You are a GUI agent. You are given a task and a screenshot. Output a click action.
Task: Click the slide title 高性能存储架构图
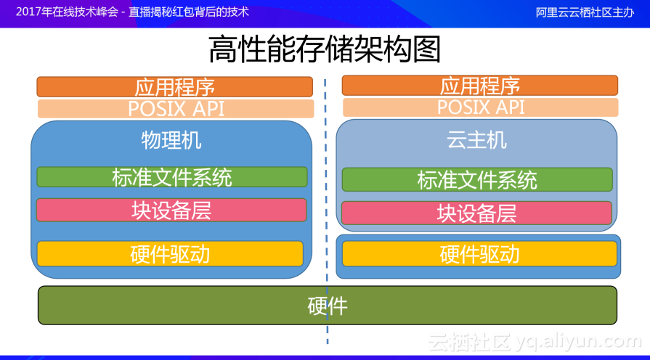(325, 50)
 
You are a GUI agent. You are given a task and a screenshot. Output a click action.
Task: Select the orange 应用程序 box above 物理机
(174, 87)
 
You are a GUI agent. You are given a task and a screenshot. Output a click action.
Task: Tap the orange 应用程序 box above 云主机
(479, 86)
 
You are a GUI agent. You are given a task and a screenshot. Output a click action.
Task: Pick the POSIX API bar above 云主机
(480, 107)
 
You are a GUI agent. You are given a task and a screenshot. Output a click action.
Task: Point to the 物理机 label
(171, 140)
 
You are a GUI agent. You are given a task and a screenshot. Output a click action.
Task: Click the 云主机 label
(476, 140)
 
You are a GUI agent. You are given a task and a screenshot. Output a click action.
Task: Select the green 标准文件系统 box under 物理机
(172, 177)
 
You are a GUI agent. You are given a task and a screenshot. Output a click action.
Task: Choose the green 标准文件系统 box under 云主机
(476, 180)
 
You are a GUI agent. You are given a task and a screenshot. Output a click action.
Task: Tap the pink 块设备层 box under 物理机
(171, 210)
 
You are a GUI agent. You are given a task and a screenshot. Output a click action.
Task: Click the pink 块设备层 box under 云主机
(476, 213)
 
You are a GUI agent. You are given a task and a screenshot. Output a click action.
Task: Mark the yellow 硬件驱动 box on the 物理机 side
(170, 254)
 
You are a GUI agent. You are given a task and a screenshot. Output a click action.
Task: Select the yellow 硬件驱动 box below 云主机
(479, 254)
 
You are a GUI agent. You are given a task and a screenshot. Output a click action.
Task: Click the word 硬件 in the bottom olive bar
(328, 306)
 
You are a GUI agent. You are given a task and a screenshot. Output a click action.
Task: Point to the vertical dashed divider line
(326, 218)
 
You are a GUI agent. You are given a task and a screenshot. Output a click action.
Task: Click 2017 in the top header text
(28, 12)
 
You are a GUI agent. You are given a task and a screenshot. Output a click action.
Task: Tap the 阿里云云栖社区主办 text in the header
(585, 12)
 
